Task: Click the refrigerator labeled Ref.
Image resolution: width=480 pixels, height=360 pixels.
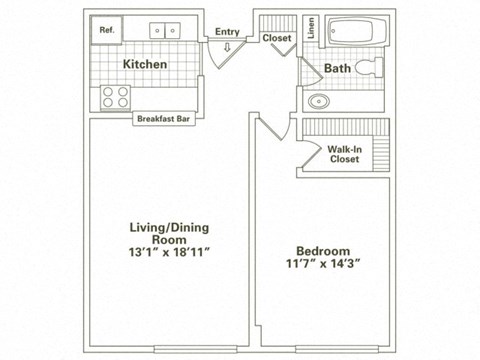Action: (107, 31)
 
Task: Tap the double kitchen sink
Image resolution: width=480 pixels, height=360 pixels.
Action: (166, 31)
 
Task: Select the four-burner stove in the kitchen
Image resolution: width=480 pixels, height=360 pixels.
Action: (114, 97)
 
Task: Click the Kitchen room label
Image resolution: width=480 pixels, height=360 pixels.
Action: (145, 65)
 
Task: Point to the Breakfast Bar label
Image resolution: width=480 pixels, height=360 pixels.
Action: (164, 117)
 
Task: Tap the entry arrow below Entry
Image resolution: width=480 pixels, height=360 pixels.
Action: (227, 45)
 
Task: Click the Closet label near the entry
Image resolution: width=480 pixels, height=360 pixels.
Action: (276, 38)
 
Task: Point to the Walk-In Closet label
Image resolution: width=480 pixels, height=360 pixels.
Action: (344, 153)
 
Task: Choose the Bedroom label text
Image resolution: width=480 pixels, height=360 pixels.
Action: (322, 251)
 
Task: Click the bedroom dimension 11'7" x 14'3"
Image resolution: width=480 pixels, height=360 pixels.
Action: (322, 266)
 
